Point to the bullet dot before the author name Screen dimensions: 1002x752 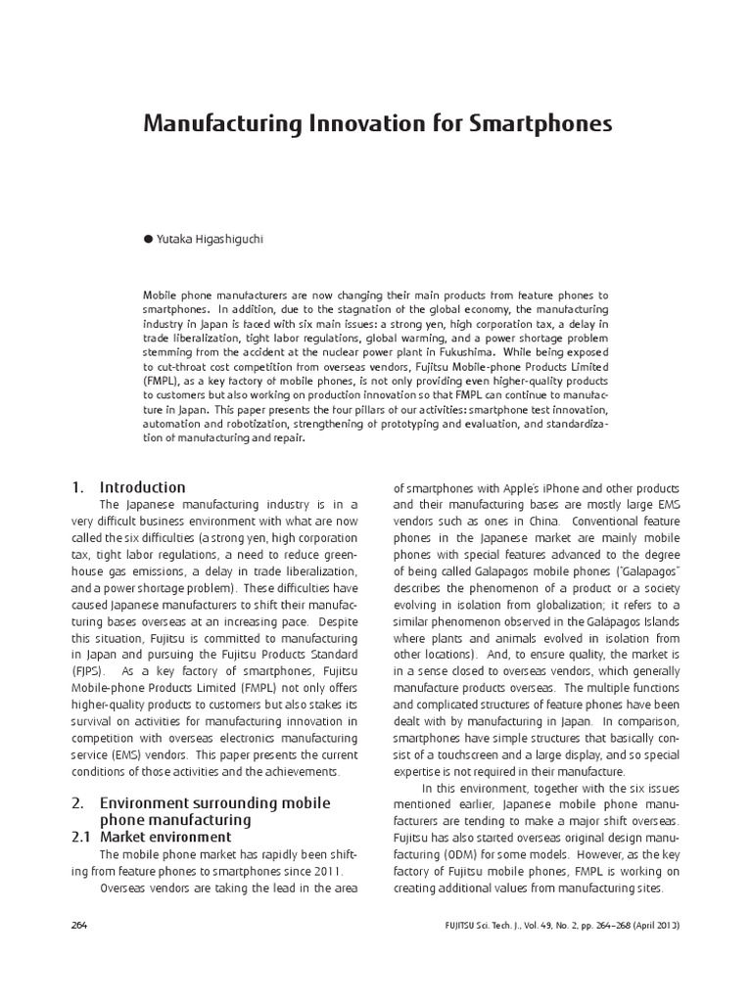point(148,239)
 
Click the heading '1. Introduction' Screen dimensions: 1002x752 point(128,487)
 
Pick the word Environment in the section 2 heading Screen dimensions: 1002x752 point(148,802)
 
